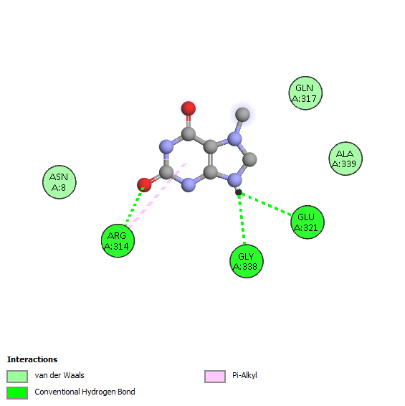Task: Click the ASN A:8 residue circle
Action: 59,182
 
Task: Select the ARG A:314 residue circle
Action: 118,241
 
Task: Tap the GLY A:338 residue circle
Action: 247,261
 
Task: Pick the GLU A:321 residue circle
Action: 308,222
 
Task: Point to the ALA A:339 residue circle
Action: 346,159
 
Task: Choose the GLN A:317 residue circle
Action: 305,93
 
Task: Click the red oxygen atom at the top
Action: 189,108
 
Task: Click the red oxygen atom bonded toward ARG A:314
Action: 144,185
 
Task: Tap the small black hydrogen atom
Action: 239,192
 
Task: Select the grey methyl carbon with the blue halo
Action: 242,115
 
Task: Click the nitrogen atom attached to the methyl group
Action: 234,139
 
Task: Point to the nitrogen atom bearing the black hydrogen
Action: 234,179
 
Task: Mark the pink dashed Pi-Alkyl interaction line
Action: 157,196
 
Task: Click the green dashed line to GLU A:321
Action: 265,204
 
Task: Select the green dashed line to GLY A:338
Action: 242,219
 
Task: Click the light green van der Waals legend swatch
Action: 17,376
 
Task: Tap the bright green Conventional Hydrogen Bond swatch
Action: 17,393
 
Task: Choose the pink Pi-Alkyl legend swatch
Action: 215,376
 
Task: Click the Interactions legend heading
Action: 32,359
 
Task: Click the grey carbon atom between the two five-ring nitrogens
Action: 249,159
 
